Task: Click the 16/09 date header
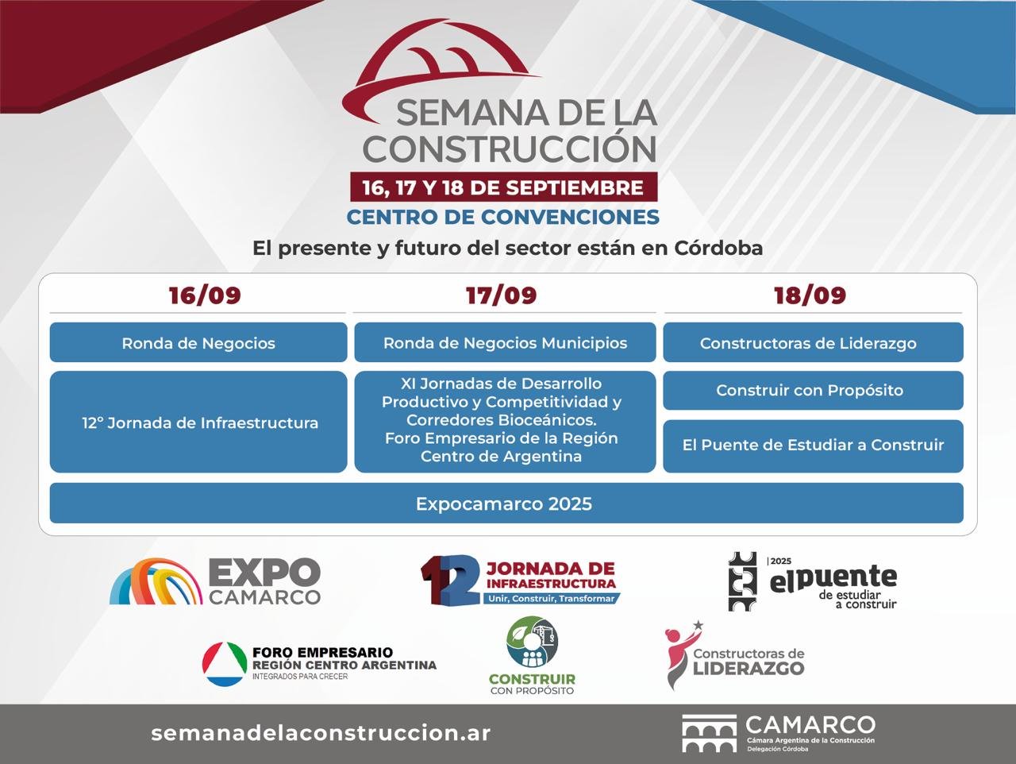coord(205,295)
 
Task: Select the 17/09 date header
coord(502,295)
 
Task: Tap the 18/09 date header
coord(810,295)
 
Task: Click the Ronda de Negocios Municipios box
coord(505,343)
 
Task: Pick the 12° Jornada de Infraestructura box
coord(199,423)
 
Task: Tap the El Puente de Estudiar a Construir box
coord(813,446)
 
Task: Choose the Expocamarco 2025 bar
coord(506,504)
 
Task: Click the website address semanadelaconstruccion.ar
coord(321,733)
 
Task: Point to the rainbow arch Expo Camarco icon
coord(156,581)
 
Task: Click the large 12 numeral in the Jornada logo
coord(450,581)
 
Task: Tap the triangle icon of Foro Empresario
coord(224,664)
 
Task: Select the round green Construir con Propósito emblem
coord(533,643)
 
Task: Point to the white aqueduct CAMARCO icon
coord(709,733)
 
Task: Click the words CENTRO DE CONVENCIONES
coord(503,217)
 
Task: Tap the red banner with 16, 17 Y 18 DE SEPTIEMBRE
coord(503,187)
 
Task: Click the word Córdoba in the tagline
coord(718,248)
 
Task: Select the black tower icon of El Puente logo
coord(743,581)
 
